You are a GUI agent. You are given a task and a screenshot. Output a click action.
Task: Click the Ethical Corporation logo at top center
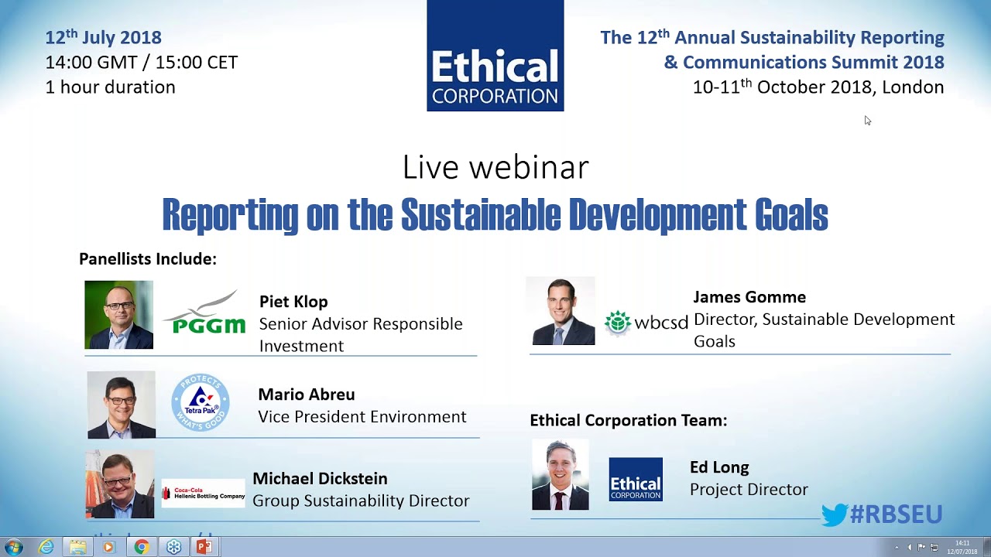[x=495, y=56]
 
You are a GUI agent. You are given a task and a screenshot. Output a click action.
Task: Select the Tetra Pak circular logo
[x=200, y=402]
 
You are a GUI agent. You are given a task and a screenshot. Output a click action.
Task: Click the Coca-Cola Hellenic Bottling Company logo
[x=203, y=494]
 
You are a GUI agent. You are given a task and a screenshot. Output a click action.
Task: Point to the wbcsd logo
[x=646, y=322]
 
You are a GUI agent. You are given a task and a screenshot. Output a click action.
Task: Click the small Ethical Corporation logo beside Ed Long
[x=635, y=480]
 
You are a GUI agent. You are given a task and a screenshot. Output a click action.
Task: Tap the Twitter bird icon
[x=834, y=515]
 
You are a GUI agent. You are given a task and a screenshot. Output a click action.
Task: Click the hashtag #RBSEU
[x=896, y=514]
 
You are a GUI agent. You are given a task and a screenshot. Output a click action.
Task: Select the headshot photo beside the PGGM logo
[x=119, y=315]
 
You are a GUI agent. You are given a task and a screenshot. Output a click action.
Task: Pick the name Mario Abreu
[x=306, y=395]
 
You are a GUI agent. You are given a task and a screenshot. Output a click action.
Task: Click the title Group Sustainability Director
[x=361, y=501]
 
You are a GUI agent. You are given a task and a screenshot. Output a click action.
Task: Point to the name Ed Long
[x=719, y=467]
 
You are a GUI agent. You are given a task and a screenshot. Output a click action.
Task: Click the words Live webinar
[x=495, y=168]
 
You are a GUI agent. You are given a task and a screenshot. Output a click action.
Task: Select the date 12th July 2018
[x=103, y=37]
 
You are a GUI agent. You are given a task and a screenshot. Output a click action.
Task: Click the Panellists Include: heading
[x=148, y=259]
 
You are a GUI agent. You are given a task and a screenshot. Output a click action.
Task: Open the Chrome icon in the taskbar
[x=141, y=547]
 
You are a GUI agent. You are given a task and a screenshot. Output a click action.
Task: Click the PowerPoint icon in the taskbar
[x=204, y=547]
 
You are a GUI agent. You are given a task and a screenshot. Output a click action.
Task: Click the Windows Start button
[x=13, y=547]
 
